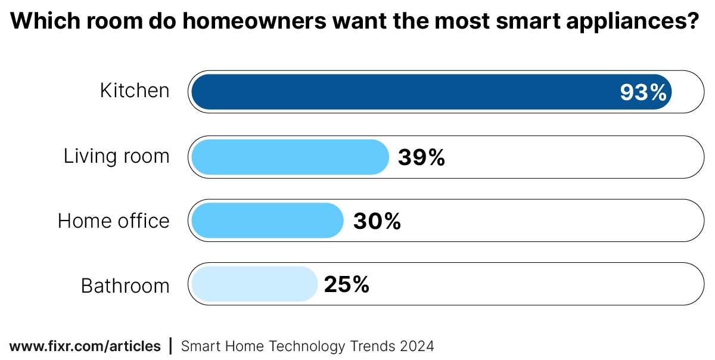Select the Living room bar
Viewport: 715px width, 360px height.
click(x=290, y=157)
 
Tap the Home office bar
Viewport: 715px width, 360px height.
click(x=267, y=221)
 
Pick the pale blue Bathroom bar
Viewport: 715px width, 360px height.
click(x=254, y=284)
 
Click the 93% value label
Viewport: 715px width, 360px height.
click(x=643, y=92)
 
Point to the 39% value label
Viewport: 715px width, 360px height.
click(x=421, y=157)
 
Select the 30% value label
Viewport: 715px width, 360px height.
click(x=377, y=221)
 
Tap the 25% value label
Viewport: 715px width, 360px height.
click(x=346, y=284)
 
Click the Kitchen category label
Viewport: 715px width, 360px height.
click(x=135, y=91)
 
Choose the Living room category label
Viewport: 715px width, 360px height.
click(x=117, y=156)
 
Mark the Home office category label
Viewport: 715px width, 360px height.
click(x=113, y=221)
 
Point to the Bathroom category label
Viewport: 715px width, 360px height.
click(x=125, y=285)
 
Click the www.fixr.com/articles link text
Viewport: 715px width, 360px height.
click(x=85, y=346)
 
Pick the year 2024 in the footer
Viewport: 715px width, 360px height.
click(x=417, y=346)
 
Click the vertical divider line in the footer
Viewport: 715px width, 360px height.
click(x=171, y=346)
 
